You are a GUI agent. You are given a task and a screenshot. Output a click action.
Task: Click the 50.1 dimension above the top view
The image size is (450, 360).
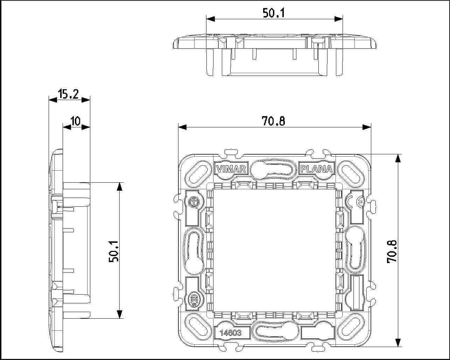(x=274, y=13)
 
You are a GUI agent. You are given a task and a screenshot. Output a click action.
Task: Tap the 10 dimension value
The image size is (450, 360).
(x=76, y=121)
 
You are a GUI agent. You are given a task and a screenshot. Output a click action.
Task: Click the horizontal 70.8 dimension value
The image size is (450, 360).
(x=273, y=121)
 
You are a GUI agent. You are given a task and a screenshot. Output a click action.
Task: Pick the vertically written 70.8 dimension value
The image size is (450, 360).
(x=392, y=252)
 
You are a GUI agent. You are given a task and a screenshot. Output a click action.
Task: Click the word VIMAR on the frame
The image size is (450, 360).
(x=231, y=169)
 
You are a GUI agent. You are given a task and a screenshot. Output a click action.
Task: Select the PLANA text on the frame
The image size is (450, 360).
(x=316, y=169)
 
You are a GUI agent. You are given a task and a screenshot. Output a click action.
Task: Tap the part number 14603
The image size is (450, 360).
(x=231, y=333)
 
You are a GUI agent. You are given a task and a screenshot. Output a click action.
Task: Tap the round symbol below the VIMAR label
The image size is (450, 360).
(x=194, y=202)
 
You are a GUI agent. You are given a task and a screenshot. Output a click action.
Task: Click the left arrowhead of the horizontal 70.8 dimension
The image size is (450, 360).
(x=182, y=127)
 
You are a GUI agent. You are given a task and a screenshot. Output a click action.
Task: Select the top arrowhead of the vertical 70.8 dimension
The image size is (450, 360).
(x=398, y=158)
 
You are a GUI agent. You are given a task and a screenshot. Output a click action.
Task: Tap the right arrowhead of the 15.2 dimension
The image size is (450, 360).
(x=86, y=100)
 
